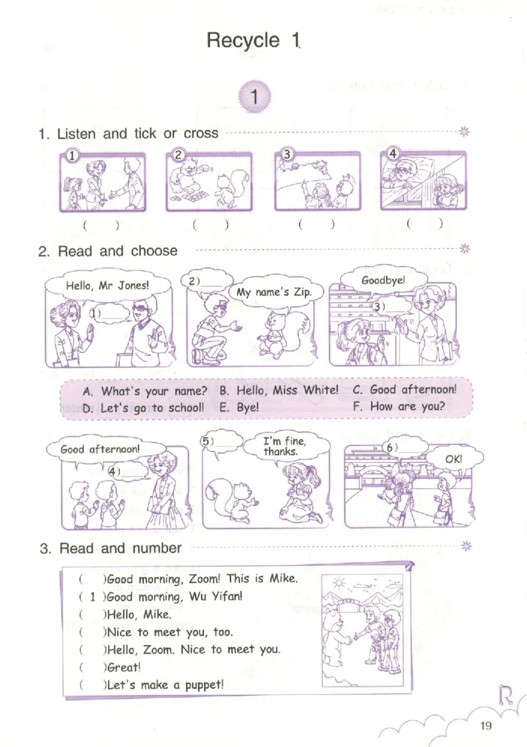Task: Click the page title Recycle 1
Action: pos(253,40)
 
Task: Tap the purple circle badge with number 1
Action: pos(254,97)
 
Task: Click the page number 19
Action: pos(485,725)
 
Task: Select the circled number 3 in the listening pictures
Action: pos(287,154)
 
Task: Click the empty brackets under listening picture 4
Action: pos(425,224)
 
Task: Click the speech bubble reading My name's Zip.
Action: pos(274,292)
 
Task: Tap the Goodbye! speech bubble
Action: pos(383,280)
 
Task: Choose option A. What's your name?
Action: pos(145,392)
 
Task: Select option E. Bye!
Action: pos(239,408)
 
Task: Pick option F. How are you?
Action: pos(399,407)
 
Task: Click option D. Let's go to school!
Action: pos(143,408)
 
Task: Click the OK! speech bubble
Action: pos(454,459)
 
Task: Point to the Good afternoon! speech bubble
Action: pos(100,449)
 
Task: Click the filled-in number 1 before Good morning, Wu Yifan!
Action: pos(92,597)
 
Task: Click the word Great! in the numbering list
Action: pos(124,667)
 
